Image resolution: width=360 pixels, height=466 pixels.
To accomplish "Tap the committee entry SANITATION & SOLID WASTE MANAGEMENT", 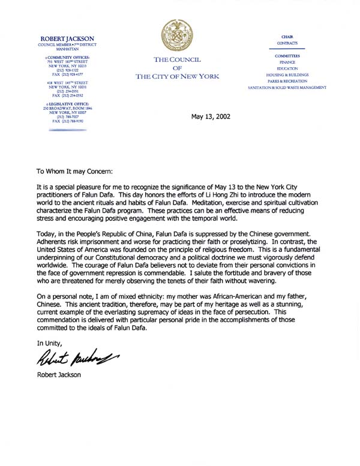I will pyautogui.click(x=287, y=88).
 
